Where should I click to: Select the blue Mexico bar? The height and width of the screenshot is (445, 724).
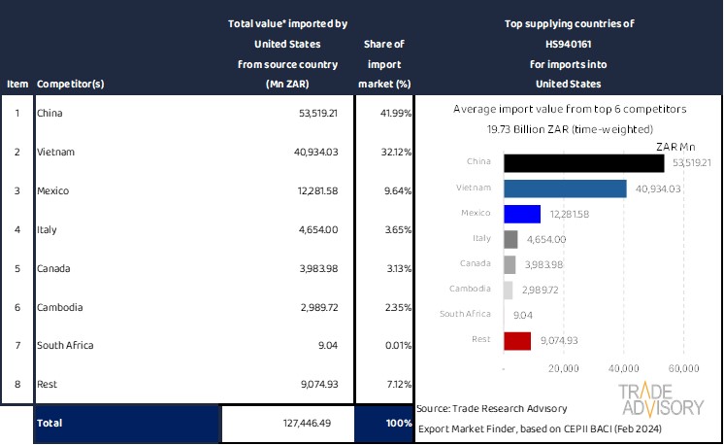coord(522,214)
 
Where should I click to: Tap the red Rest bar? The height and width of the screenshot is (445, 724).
coord(517,340)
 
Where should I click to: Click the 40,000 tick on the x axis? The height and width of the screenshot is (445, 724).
coord(622,369)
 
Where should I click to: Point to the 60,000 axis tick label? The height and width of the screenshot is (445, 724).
coord(684,369)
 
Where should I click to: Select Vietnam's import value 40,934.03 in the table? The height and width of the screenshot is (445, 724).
coord(311,152)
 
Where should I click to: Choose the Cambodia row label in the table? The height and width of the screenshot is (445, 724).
coord(59,307)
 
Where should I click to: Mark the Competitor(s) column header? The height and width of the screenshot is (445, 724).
coord(70,84)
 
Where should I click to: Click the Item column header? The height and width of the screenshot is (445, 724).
coord(16,84)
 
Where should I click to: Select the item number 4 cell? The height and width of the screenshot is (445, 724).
coord(16,229)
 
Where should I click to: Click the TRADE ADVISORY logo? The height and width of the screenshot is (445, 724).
coord(661,399)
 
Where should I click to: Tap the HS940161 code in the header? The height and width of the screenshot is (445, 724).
coord(569,44)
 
